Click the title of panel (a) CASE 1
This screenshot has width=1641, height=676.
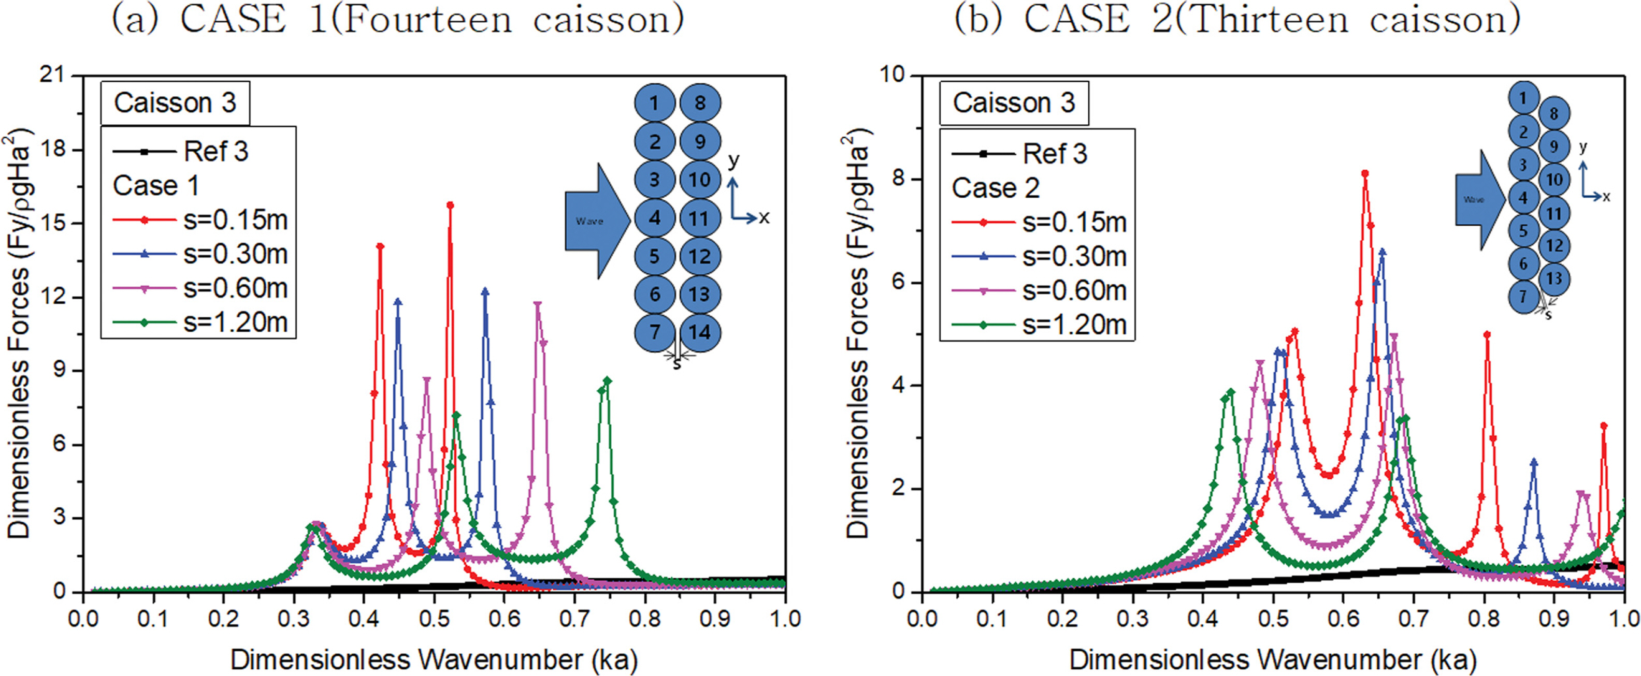(398, 19)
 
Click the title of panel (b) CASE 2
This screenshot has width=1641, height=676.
(1237, 19)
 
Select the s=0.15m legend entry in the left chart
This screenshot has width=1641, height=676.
(200, 220)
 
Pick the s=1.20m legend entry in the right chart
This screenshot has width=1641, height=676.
(1039, 325)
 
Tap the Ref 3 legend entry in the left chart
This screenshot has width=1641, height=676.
(181, 152)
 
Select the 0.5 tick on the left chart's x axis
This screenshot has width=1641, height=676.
(435, 619)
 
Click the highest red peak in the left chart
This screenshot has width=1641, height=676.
(450, 205)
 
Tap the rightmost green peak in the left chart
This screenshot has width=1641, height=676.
(607, 380)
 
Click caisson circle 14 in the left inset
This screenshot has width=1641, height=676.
(699, 332)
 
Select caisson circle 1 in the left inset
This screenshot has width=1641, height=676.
(654, 102)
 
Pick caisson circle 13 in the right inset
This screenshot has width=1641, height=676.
(1554, 278)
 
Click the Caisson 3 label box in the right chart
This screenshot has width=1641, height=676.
(1014, 102)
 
